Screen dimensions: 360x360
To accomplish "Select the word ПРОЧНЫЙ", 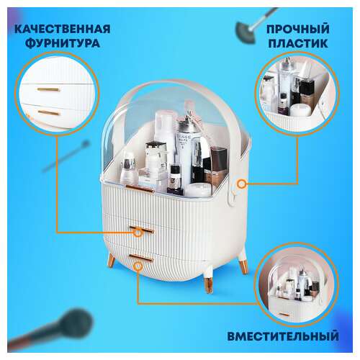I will coord(297,29).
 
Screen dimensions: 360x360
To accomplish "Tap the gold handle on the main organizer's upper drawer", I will coord(143,230).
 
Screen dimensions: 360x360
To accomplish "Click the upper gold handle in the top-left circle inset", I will coord(49,89).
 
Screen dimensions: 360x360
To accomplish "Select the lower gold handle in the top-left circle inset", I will coord(49,112).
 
